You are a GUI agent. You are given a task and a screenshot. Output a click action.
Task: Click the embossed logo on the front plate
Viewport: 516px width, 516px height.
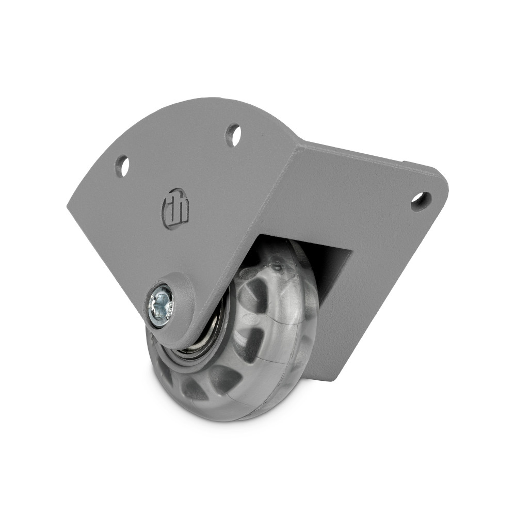[175, 211]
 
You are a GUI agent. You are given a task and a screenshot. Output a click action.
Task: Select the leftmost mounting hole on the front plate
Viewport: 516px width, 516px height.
[122, 166]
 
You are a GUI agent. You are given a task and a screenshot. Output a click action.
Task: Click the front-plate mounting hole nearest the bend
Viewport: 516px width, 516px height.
[234, 135]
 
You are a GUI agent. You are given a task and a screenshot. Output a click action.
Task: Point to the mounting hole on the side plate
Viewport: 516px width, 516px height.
[421, 201]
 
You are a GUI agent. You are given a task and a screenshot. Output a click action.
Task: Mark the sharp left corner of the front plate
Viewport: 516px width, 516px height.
[69, 206]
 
